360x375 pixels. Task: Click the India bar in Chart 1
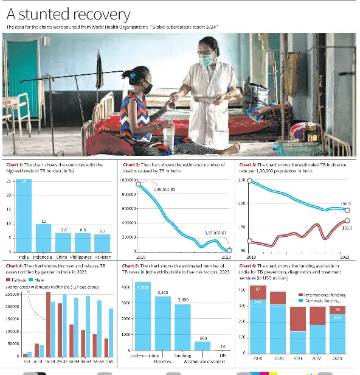tap(24, 216)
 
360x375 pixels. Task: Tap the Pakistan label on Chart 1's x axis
tap(102, 258)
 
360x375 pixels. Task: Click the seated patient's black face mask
tap(147, 87)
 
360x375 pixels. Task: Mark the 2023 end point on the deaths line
tap(229, 250)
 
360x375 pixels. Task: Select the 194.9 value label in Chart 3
tap(345, 204)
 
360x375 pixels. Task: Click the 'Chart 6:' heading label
tap(247, 266)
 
